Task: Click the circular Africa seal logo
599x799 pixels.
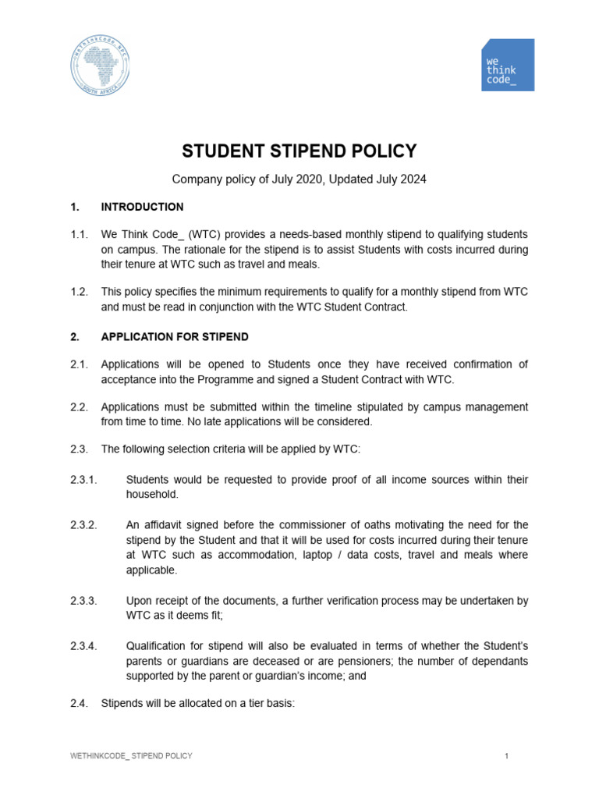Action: (x=99, y=65)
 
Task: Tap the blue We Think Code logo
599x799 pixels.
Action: (x=508, y=65)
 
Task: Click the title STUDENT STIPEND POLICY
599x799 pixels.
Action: (x=299, y=151)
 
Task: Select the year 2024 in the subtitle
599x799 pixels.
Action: (x=413, y=179)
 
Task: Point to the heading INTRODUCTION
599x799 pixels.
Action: (x=142, y=207)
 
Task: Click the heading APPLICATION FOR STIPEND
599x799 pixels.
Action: (x=175, y=337)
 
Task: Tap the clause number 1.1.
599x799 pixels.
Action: (x=79, y=234)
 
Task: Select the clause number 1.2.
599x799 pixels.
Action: (x=79, y=292)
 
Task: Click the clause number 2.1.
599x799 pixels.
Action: (x=79, y=364)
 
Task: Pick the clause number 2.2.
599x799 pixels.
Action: (x=79, y=407)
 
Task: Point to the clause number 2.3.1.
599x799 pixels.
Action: (x=83, y=479)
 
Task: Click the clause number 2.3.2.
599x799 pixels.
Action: (x=83, y=525)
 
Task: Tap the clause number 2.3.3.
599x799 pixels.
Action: (x=83, y=601)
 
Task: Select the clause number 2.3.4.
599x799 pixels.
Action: (x=83, y=646)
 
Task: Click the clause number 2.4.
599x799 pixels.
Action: (x=79, y=703)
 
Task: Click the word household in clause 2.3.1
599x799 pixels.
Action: (x=152, y=495)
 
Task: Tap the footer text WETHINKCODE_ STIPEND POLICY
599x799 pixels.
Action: (x=131, y=756)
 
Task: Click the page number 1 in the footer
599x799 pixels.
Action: (x=506, y=756)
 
